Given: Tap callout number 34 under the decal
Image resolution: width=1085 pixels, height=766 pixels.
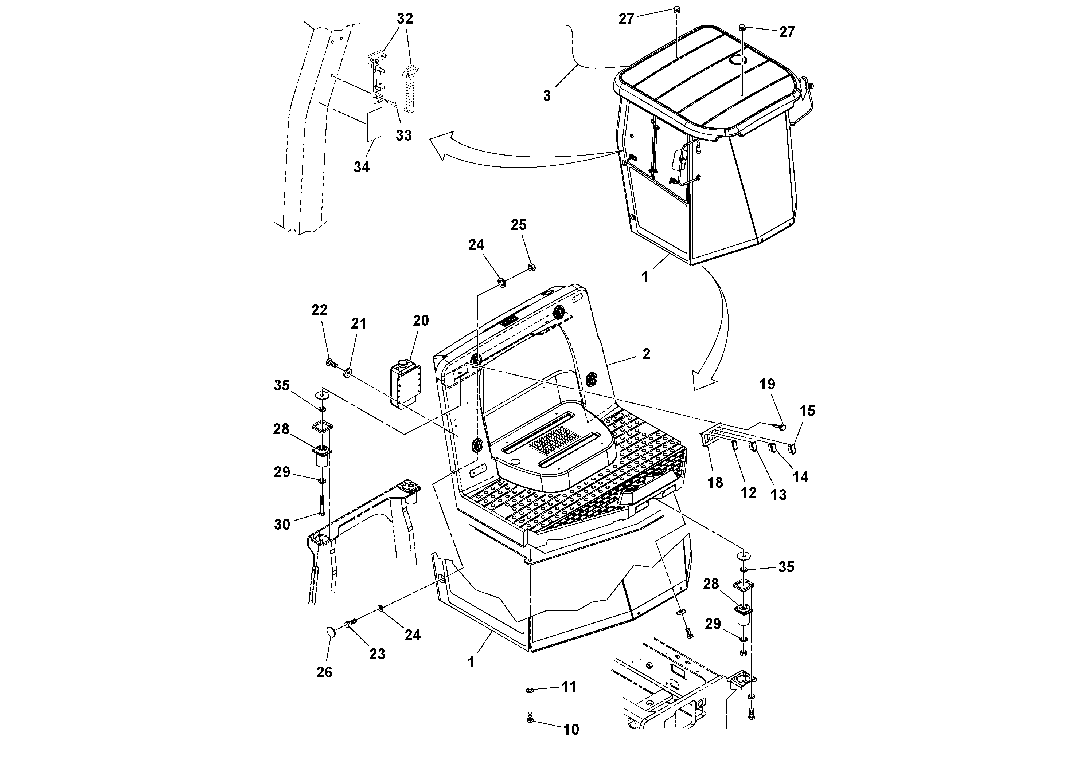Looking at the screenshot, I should (362, 167).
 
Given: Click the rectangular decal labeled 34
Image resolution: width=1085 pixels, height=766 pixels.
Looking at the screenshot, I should (374, 125).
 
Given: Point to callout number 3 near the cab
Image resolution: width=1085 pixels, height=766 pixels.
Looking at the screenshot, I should (547, 96).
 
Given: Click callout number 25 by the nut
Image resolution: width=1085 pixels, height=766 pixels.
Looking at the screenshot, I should (518, 225).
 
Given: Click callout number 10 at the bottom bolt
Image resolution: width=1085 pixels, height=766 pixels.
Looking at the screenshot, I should (571, 730).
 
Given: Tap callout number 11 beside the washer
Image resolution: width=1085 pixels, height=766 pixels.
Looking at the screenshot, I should (569, 687).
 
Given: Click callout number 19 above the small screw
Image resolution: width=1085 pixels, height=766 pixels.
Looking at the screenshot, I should (767, 384).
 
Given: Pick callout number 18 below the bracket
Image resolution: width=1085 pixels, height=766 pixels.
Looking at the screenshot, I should (715, 483).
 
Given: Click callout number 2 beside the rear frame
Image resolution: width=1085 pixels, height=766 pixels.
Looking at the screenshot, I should (646, 354).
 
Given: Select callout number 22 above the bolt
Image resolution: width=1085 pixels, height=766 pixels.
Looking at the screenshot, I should (320, 310).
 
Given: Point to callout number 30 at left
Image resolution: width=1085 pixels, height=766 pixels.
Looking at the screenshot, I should (282, 524).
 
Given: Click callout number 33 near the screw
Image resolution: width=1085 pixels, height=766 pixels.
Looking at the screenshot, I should (403, 135).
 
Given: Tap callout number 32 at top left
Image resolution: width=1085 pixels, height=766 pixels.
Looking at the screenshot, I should (405, 19).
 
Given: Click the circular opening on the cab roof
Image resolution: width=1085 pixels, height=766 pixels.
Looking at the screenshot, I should (737, 59).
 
